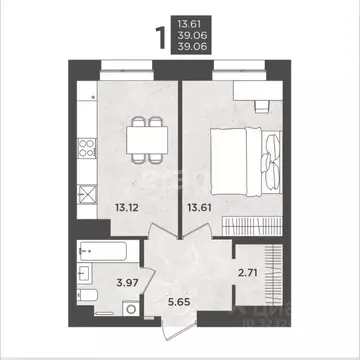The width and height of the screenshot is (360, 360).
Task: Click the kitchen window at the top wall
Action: [127, 68]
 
